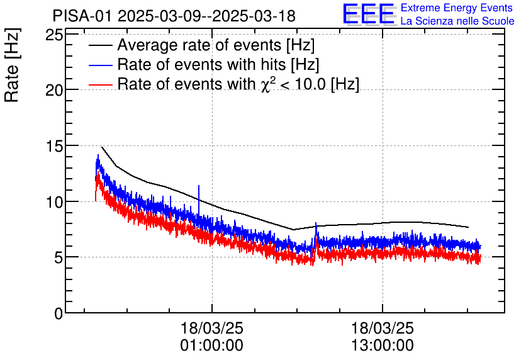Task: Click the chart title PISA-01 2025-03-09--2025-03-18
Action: [x=174, y=16]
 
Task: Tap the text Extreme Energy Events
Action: [x=457, y=8]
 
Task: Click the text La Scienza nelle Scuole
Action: [x=457, y=21]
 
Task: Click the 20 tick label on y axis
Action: [x=54, y=90]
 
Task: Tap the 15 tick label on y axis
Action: [x=54, y=146]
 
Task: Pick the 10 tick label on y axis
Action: [x=54, y=201]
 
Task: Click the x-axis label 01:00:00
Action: [x=212, y=346]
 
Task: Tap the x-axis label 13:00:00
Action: [x=383, y=346]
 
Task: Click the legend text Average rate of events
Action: [x=216, y=45]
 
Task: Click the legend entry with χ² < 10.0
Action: [x=238, y=84]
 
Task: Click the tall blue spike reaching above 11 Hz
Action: [x=199, y=192]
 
